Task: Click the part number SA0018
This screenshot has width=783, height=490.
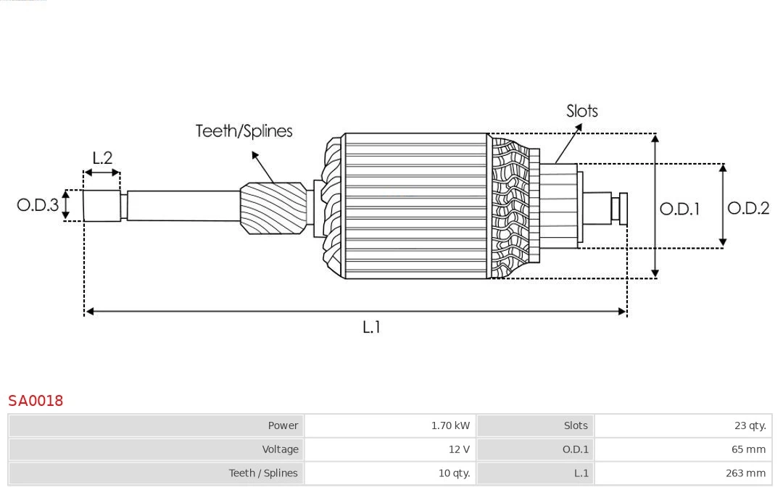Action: (36, 400)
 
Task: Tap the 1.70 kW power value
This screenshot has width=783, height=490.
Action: (450, 425)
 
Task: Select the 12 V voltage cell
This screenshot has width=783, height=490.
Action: (459, 449)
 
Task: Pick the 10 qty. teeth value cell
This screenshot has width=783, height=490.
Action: (454, 473)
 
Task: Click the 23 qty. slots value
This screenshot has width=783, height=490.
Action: (750, 425)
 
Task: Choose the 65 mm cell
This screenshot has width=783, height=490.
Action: (748, 449)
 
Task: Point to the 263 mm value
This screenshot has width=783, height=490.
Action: (745, 473)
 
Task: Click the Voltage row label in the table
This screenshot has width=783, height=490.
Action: (280, 449)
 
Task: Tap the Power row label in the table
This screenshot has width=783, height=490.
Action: (283, 425)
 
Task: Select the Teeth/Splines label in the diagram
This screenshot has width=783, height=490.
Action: (244, 131)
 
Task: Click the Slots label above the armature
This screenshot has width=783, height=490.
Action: (581, 111)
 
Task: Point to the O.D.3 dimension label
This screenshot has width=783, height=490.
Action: (38, 205)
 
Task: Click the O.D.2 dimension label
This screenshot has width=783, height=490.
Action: (748, 209)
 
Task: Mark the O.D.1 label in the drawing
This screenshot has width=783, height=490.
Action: (679, 209)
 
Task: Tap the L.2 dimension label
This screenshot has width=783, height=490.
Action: (102, 158)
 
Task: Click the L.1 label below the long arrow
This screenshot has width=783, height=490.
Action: (371, 328)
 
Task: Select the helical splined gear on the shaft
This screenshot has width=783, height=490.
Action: (273, 207)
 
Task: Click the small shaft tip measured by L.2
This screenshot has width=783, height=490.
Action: (101, 205)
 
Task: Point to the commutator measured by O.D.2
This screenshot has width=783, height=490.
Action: (559, 206)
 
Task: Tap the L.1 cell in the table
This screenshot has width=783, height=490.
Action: (581, 473)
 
